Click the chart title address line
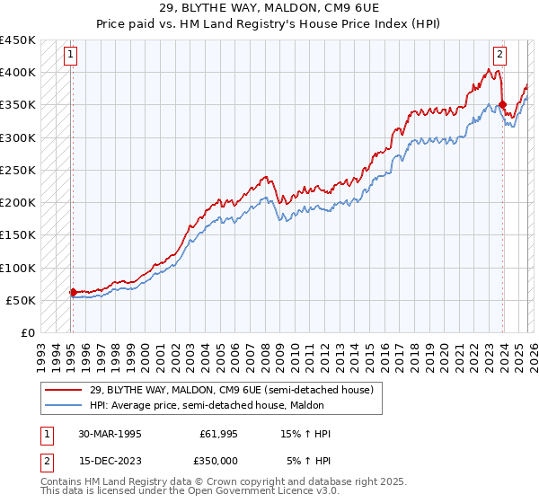(x=269, y=8)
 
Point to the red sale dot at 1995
(x=73, y=292)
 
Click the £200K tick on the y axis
(x=18, y=202)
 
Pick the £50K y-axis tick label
(x=21, y=300)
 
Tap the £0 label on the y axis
(x=28, y=332)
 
